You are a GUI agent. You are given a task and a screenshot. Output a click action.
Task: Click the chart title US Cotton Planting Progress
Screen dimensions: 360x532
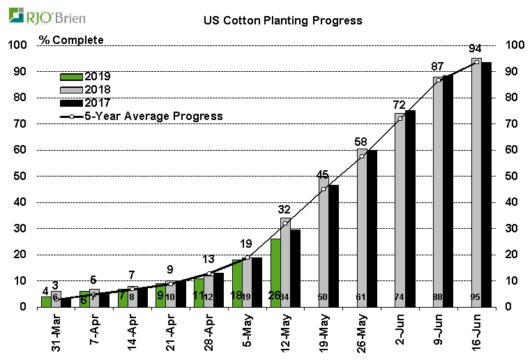282,20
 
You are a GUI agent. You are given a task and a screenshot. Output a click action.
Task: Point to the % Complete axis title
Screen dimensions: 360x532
71,40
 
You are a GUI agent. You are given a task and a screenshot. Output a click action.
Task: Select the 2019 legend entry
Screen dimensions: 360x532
86,76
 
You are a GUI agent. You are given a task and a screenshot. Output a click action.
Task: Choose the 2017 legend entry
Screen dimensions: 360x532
86,103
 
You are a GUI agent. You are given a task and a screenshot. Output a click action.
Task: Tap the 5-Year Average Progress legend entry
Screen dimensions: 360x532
142,116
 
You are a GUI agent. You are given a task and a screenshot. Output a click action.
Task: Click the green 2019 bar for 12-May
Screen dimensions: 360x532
275,273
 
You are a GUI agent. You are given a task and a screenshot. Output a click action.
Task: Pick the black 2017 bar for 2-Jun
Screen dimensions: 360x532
410,209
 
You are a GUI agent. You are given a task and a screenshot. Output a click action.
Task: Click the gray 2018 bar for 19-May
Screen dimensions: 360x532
323,241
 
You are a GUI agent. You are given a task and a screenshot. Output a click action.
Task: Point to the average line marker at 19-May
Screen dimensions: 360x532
323,189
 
